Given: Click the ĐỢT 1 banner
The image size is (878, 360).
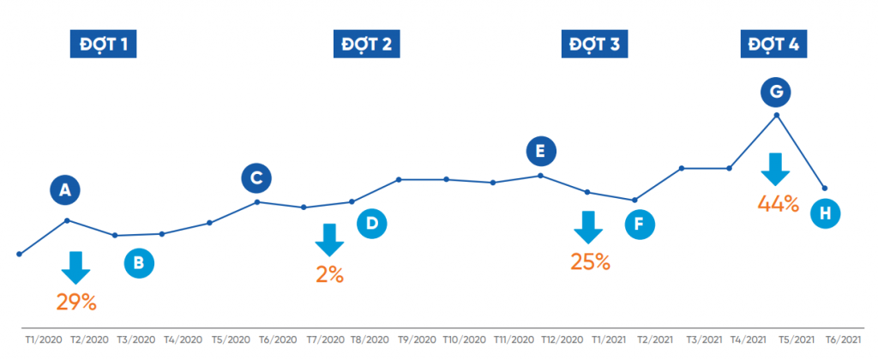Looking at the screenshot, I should [104, 45].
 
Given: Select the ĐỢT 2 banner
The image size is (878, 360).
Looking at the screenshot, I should [367, 45].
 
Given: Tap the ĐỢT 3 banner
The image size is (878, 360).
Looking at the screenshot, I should [595, 45].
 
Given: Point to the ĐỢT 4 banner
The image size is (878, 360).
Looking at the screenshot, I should [773, 45].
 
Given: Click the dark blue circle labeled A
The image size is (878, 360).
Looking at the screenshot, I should [63, 190].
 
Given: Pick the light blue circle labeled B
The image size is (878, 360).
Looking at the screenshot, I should [139, 262].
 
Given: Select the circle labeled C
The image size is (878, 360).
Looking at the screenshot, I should [256, 177].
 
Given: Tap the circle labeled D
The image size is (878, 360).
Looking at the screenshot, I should [372, 224].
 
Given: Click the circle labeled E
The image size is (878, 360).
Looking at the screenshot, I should [540, 152].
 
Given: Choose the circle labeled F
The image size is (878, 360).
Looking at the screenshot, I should [639, 225].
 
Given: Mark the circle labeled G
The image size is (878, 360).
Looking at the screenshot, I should [777, 91].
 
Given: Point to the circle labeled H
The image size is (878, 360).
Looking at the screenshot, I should [826, 213].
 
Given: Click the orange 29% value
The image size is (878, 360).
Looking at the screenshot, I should [76, 302].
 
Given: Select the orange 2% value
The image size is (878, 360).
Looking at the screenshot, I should [329, 275].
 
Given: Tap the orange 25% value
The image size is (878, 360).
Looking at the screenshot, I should [590, 262].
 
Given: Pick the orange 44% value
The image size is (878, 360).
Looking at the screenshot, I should [778, 204].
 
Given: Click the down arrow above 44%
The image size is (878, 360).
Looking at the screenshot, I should [776, 169].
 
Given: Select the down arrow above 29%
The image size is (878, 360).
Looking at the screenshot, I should [75, 267].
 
